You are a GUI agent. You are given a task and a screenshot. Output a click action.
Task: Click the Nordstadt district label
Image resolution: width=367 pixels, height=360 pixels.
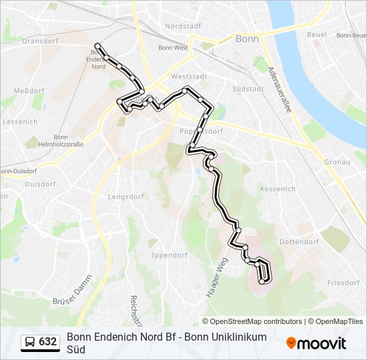(182, 26)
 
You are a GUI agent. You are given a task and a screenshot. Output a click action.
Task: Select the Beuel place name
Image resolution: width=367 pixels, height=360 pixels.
(316, 34)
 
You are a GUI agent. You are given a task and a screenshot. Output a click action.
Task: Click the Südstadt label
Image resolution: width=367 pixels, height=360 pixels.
(245, 89)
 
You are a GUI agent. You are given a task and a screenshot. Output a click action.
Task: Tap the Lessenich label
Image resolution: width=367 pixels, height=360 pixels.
(20, 122)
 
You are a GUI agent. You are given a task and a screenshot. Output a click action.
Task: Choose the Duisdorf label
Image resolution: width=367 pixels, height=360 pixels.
(39, 183)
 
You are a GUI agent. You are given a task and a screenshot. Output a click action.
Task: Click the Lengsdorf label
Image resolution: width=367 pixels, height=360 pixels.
(126, 197)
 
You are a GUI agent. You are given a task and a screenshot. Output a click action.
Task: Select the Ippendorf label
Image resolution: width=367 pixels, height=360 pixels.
(169, 255)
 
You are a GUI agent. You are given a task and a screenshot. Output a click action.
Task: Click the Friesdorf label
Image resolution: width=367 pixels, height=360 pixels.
(343, 283)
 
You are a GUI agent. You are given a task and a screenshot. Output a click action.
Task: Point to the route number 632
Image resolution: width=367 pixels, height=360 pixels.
(47, 342)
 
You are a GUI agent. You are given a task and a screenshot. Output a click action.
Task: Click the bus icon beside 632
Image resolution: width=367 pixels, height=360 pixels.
(31, 342)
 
